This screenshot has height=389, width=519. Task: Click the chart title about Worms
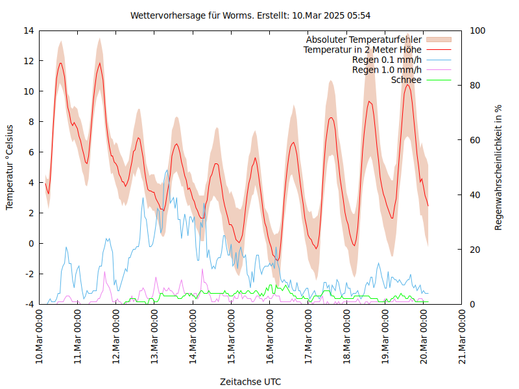click(x=250, y=15)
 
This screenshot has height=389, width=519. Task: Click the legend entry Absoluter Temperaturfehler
click(x=363, y=40)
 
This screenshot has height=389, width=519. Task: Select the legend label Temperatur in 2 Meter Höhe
click(x=362, y=50)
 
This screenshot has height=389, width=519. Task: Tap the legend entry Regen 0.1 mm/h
click(x=387, y=60)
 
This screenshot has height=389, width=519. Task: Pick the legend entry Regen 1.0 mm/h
click(x=387, y=70)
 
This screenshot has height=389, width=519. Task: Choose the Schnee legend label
click(x=406, y=80)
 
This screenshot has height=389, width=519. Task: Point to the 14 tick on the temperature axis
click(x=29, y=30)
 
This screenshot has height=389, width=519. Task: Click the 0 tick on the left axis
click(x=31, y=244)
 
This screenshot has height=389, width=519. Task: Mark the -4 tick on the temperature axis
click(x=29, y=305)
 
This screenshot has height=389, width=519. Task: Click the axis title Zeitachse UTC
click(x=250, y=381)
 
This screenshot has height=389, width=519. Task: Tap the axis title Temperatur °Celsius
click(x=10, y=167)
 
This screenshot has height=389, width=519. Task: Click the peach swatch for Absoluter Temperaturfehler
click(x=439, y=40)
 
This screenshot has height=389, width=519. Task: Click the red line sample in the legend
click(x=439, y=50)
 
